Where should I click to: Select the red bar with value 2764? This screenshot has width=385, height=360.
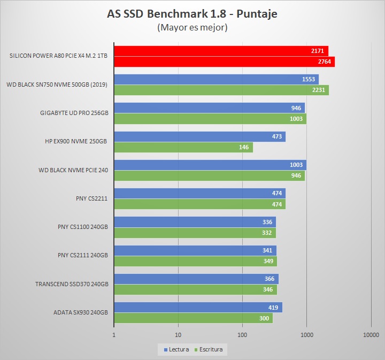224,62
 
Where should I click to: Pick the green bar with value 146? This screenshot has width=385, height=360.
183,147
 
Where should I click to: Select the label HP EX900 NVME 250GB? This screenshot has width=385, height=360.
76,142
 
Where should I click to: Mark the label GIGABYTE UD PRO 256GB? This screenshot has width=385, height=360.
74,113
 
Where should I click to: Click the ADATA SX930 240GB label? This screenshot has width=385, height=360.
81,312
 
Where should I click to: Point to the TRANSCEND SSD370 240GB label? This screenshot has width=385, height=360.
72,284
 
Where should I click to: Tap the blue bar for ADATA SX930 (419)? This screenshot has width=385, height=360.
198,307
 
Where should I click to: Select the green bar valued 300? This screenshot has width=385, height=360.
193,318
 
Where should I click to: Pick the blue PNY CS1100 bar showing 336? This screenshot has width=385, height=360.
195,221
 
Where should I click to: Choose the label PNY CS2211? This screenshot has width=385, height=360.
92,198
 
